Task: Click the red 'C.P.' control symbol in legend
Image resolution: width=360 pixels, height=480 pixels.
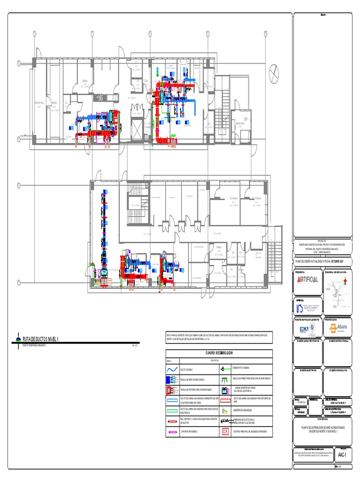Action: [x=225, y=431]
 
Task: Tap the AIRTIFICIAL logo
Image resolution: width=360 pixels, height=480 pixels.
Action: [x=308, y=279]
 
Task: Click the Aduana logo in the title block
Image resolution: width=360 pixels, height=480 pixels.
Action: [x=338, y=328]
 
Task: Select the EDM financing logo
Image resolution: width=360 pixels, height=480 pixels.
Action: [x=307, y=329]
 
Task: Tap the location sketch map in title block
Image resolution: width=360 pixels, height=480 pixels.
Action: [x=338, y=284]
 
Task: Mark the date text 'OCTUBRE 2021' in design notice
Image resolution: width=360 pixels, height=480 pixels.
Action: [x=340, y=260]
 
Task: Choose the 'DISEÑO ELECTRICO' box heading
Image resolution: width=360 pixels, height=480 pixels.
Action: [x=307, y=370]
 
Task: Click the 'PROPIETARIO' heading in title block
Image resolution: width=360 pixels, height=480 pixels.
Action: [x=338, y=319]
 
